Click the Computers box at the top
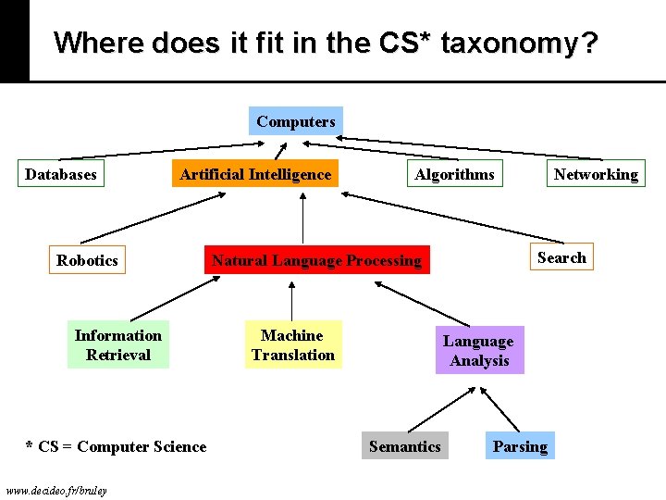(296, 121)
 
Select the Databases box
(61, 174)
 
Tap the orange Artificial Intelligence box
(255, 174)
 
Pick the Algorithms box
(454, 174)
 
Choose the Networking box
(596, 174)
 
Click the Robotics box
(87, 260)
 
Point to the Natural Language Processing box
(316, 260)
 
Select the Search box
(561, 257)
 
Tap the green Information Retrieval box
(118, 345)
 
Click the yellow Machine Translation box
(293, 345)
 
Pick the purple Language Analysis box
(479, 351)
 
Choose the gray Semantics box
(404, 446)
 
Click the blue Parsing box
(520, 446)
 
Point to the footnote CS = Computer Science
(117, 446)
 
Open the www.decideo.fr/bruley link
(55, 489)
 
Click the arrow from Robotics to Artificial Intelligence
(153, 218)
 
